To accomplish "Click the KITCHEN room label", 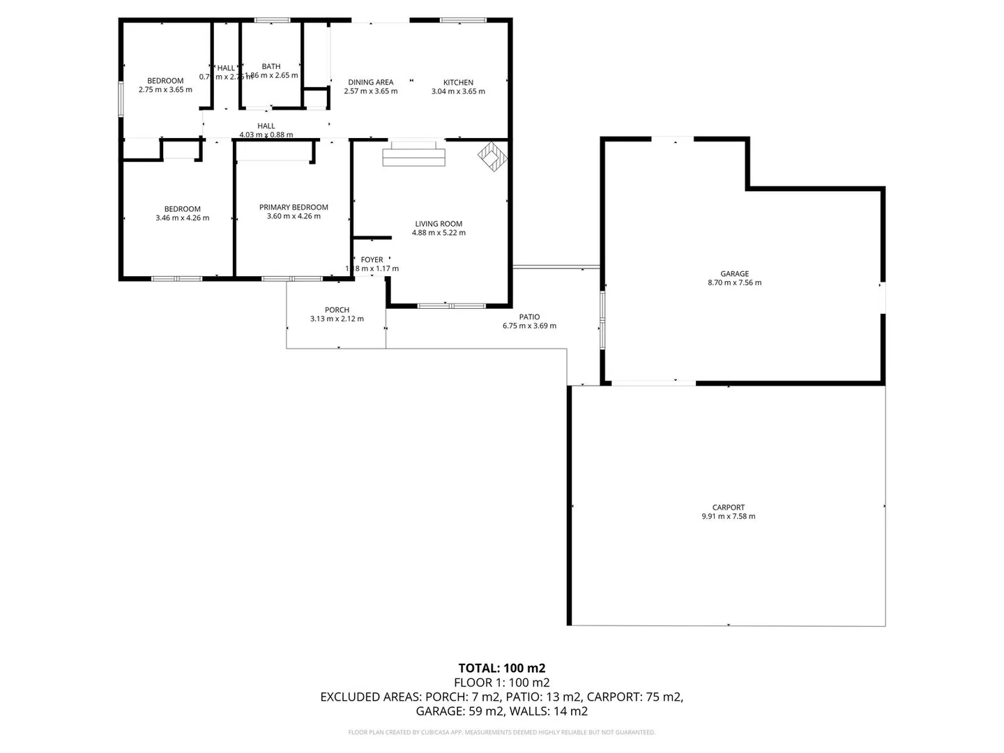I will pyautogui.click(x=458, y=82).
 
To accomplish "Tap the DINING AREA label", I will pyautogui.click(x=370, y=82).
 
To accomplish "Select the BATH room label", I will pyautogui.click(x=271, y=66).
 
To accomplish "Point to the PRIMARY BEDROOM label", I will pyautogui.click(x=294, y=207).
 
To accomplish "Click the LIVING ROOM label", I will pyautogui.click(x=439, y=224).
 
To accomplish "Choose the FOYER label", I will pyautogui.click(x=372, y=259).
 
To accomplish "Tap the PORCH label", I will pyautogui.click(x=337, y=310).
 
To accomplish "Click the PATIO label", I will pyautogui.click(x=529, y=317).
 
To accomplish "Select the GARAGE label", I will pyautogui.click(x=734, y=273).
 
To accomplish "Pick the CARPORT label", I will pyautogui.click(x=729, y=507).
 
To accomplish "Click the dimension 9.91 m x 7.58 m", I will pyautogui.click(x=729, y=517).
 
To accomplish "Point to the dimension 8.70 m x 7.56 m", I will pyautogui.click(x=734, y=283).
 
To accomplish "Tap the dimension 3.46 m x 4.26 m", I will pyautogui.click(x=182, y=218).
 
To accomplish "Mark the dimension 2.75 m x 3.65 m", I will pyautogui.click(x=165, y=90).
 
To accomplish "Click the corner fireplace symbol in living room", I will pyautogui.click(x=493, y=155).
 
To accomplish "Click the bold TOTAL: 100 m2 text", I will pyautogui.click(x=501, y=668).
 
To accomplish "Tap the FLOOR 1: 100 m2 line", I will pyautogui.click(x=501, y=683).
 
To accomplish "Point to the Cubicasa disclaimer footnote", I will pyautogui.click(x=501, y=732).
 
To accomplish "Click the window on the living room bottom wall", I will pyautogui.click(x=451, y=305).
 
